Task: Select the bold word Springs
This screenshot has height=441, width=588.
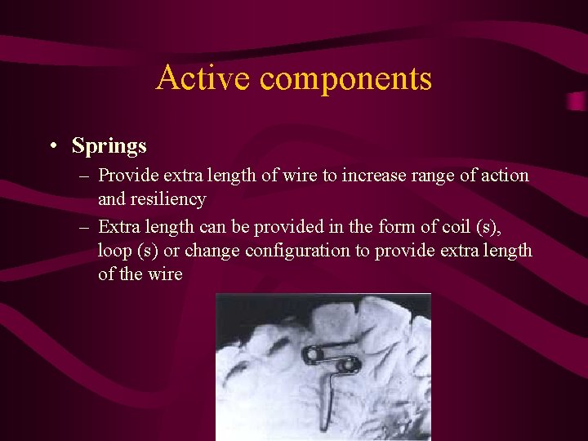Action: point(109,146)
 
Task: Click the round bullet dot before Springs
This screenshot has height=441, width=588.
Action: point(51,147)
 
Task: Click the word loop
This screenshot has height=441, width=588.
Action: point(116,251)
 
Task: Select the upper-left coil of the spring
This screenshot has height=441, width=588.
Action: point(313,354)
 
